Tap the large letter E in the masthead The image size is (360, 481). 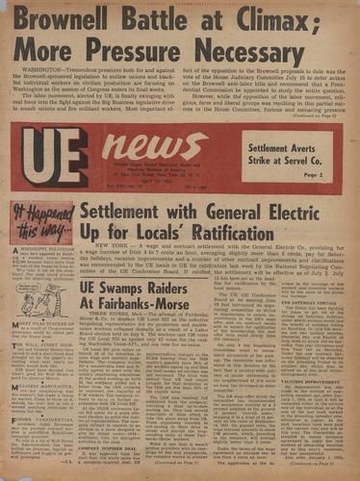tap(93, 157)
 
